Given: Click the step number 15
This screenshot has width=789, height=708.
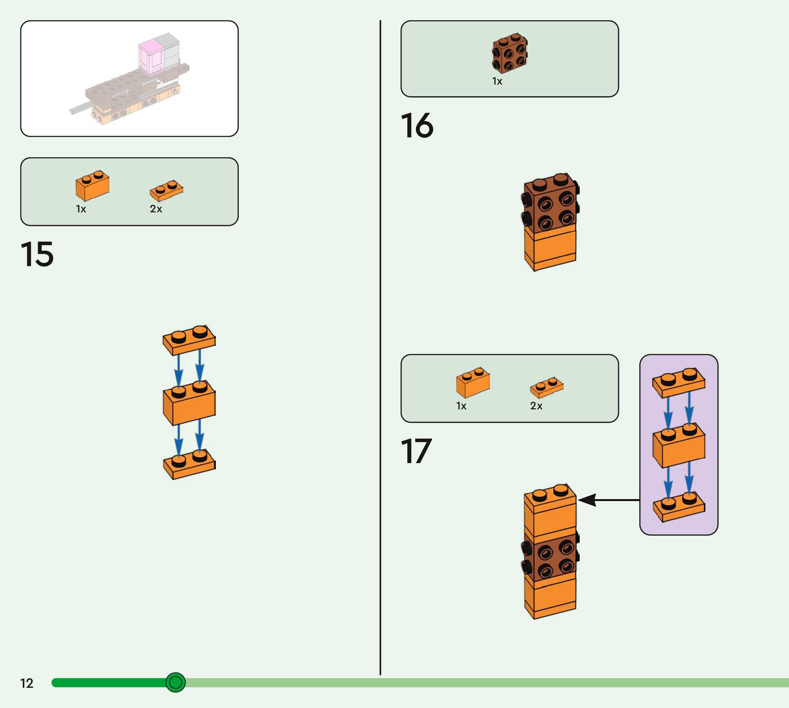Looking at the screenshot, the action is pos(37,254).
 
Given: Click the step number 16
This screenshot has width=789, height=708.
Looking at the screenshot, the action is pos(417,126).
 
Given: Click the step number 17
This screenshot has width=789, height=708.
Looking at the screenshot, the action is pos(416,451).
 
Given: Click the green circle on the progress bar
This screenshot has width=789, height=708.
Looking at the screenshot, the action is pos(175,682).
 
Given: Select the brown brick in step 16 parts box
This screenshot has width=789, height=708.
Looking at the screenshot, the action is pos(510,54).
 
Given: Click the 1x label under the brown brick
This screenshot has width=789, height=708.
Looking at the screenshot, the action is pos(497,81).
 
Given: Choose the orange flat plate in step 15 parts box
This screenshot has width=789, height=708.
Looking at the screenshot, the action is pos(167,190).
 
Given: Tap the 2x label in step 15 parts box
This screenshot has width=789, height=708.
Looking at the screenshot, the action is pos(156,209).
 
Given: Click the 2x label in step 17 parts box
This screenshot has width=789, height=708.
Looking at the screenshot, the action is pos(536,406).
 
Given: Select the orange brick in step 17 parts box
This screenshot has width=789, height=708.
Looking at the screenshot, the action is pos(473,383).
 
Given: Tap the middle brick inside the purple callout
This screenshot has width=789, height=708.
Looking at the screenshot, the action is pos(679,446).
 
